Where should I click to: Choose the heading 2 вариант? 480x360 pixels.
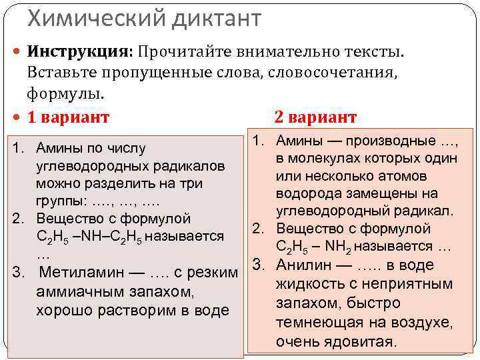(x=315, y=117)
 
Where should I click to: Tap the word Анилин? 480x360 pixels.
(x=303, y=265)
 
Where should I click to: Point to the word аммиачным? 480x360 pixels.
(x=81, y=291)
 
